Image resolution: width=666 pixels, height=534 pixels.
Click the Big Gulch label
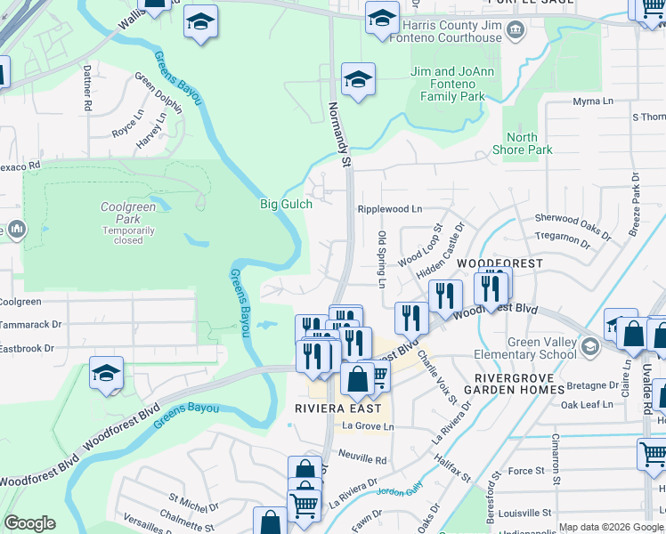[x=286, y=204]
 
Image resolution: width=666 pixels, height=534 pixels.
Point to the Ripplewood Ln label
[x=389, y=209]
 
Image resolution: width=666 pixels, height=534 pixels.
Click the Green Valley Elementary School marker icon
[x=589, y=345]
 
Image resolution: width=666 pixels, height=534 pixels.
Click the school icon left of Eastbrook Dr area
[x=106, y=374]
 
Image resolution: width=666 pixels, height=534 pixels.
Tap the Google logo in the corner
[x=29, y=523]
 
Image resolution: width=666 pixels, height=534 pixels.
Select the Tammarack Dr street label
[x=32, y=325]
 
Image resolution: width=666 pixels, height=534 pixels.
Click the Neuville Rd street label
[x=363, y=460]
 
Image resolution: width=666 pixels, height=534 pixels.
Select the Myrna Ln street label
[x=593, y=101]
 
